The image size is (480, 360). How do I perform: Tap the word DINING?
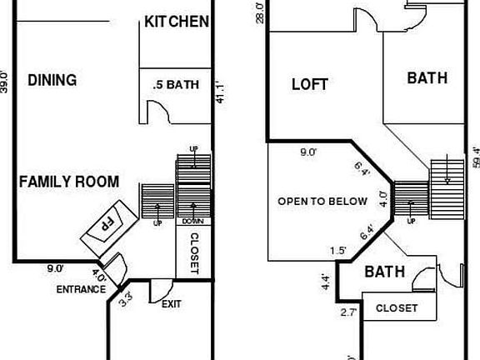pos(52,80)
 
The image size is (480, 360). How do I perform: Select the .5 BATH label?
pos(176,84)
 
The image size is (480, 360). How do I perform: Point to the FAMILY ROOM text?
pos(69,182)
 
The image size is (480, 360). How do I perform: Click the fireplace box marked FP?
pos(107,224)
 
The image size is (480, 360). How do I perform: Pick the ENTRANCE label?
pos(81,290)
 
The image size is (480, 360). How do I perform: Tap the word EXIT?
pos(172,304)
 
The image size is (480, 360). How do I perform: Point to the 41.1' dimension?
pos(221,92)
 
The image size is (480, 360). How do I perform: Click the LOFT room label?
pos(309,84)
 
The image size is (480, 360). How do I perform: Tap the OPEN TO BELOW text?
pos(322,201)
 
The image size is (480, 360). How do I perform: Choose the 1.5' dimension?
pos(337,250)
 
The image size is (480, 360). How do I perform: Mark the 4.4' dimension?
pos(326,282)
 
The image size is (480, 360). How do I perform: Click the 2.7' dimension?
pos(348,313)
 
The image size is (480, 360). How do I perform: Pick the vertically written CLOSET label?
pos(193,253)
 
